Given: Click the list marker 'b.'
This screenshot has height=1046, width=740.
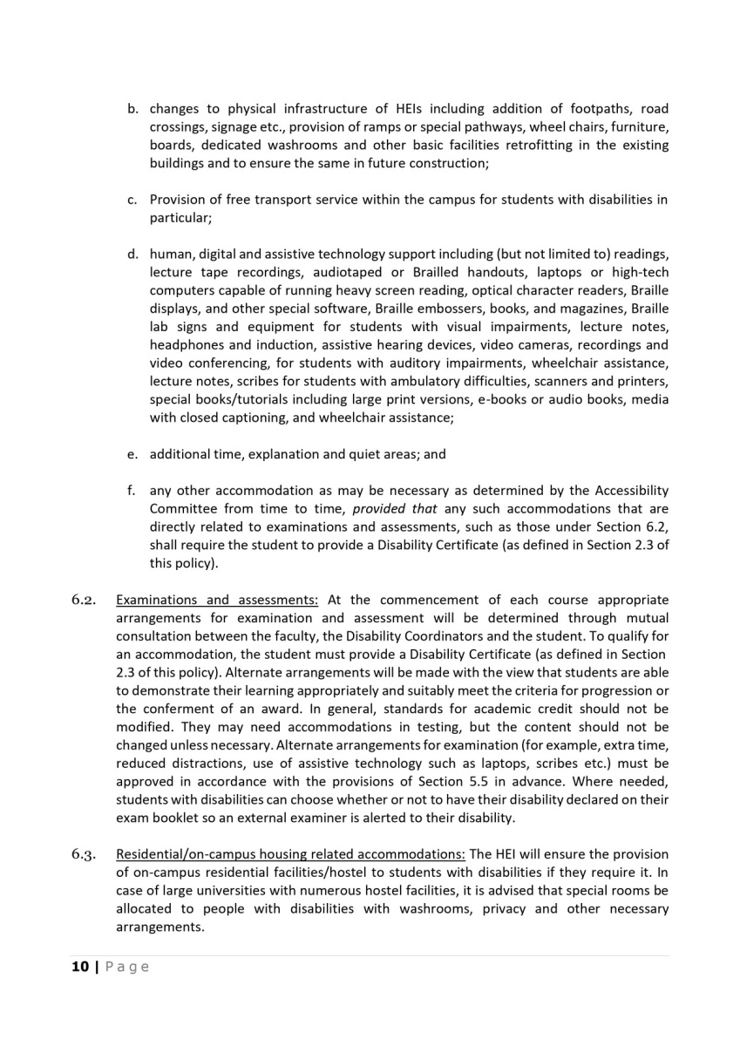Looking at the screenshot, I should [x=133, y=109].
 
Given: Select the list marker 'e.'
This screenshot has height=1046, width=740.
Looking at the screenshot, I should [x=133, y=454].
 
